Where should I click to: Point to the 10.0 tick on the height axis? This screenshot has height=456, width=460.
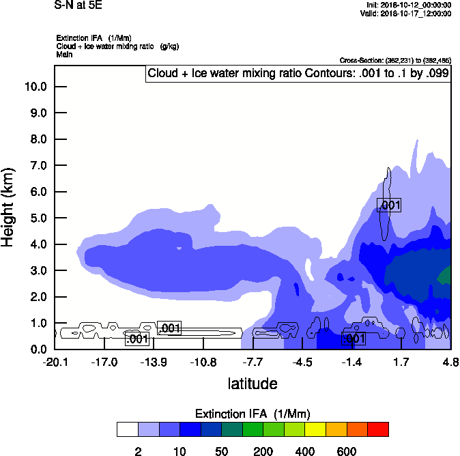pyautogui.click(x=35, y=87)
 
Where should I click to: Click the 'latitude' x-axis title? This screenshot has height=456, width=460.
pyautogui.click(x=253, y=384)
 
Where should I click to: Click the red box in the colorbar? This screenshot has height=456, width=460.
pyautogui.click(x=378, y=429)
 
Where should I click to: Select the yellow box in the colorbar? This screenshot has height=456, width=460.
pyautogui.click(x=315, y=429)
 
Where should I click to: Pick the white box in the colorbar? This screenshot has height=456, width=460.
pyautogui.click(x=127, y=429)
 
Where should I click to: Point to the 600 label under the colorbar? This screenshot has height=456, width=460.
pyautogui.click(x=347, y=451)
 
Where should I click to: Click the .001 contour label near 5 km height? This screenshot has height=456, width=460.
pyautogui.click(x=389, y=205)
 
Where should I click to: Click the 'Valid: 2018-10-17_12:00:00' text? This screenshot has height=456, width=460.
pyautogui.click(x=405, y=13)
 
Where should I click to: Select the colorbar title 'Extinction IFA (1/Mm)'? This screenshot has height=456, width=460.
pyautogui.click(x=253, y=414)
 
